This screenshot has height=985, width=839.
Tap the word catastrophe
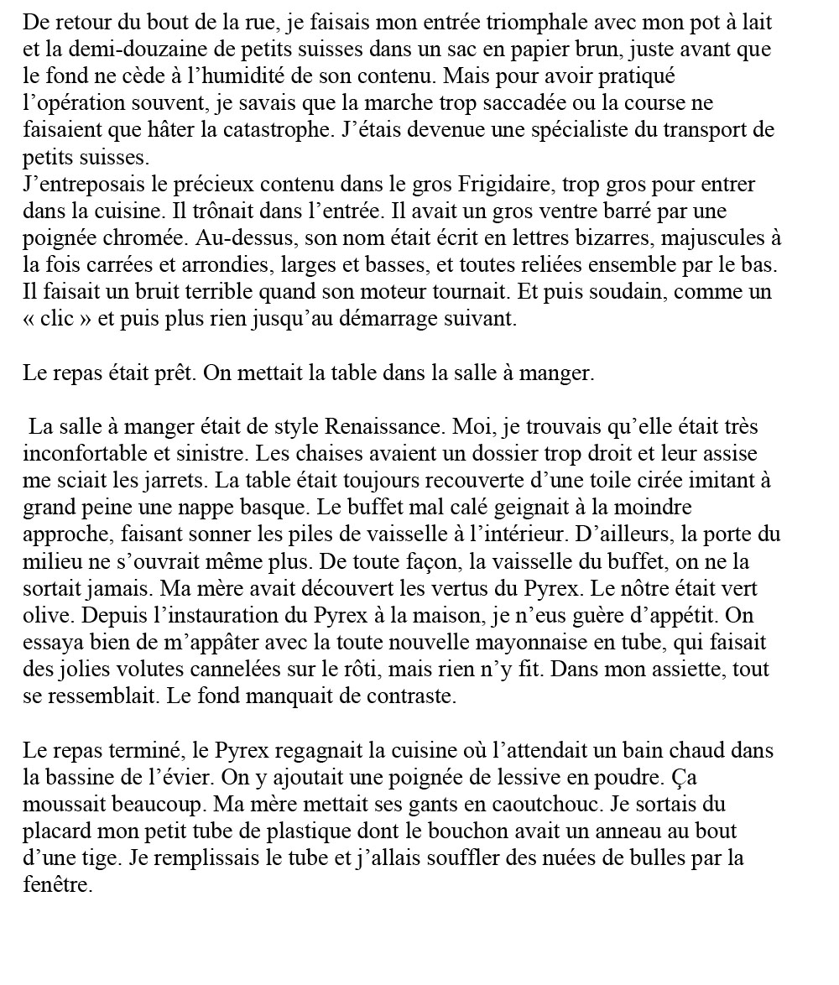tap(289, 130)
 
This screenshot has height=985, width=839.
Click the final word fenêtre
tap(55, 884)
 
